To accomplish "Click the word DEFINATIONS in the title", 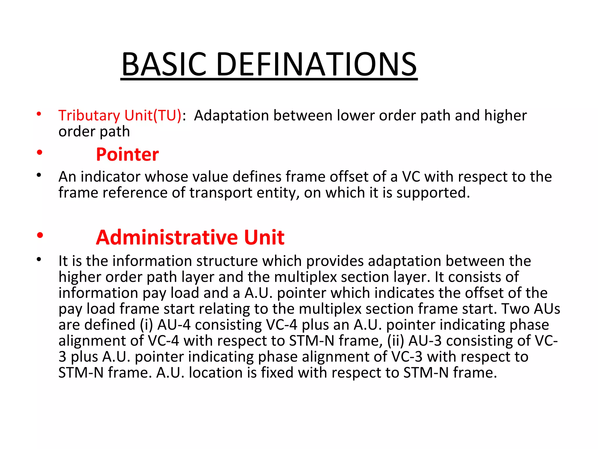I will pos(317,64).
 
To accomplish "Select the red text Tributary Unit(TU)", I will pos(120,115).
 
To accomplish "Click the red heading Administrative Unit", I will pos(190,237).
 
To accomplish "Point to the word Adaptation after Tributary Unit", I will pos(231,115).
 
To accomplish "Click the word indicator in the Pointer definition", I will pos(110,177).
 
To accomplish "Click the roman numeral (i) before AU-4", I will pos(146,325).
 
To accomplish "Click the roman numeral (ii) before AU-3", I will pos(396,341).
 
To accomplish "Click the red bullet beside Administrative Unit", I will pos(40,235).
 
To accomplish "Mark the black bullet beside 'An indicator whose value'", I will pos(39,175).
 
